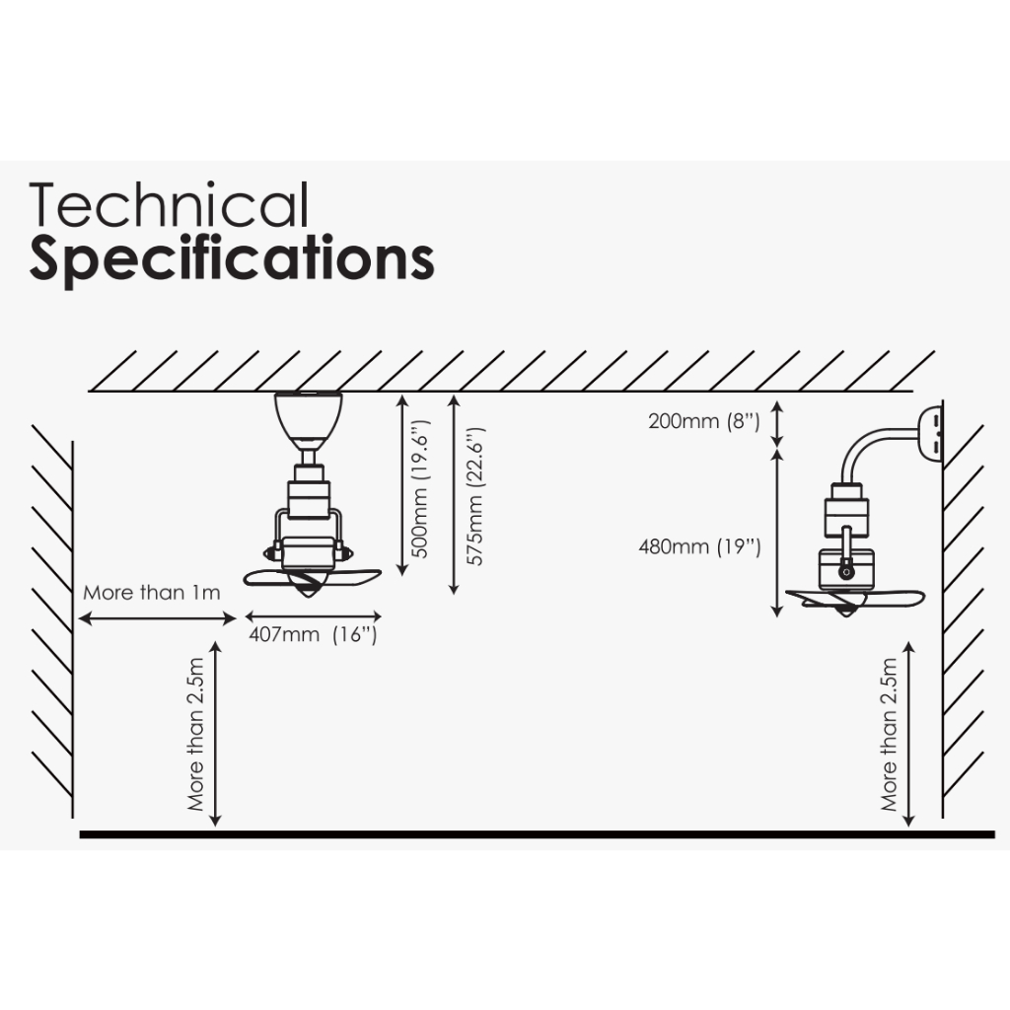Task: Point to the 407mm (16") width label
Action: [312, 636]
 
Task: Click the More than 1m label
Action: [151, 593]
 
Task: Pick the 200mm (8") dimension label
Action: [703, 421]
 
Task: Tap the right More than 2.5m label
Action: [890, 734]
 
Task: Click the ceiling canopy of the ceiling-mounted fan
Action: [308, 414]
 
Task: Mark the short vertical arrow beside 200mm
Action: [778, 422]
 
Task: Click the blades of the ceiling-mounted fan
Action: [312, 578]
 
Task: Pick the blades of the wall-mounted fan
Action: [854, 598]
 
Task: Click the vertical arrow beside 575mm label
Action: [453, 493]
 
